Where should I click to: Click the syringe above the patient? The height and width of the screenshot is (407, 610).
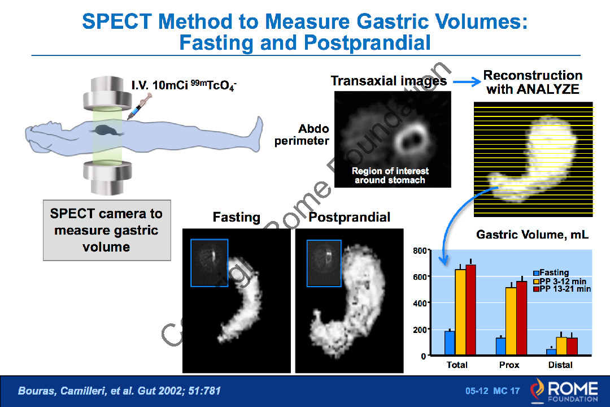(x=139, y=106)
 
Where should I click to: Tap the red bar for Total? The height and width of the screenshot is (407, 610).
(x=470, y=310)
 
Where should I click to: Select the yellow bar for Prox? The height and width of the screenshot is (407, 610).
(x=511, y=321)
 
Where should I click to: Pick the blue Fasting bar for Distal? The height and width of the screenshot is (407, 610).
(x=551, y=352)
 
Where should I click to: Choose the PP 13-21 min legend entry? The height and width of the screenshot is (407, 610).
(x=562, y=289)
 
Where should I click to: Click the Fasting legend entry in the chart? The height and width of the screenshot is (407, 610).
(x=551, y=272)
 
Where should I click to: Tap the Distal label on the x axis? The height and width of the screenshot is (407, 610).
(x=560, y=365)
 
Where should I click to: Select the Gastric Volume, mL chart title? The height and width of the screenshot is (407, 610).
(x=532, y=235)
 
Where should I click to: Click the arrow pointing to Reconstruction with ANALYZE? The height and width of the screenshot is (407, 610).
(x=467, y=82)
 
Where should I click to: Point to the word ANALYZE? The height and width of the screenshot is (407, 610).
(x=548, y=89)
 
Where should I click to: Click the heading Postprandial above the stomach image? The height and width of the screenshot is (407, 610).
(x=350, y=217)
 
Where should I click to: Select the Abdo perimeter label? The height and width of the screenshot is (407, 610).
(x=302, y=135)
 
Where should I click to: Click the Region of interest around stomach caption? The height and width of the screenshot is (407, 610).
(x=390, y=176)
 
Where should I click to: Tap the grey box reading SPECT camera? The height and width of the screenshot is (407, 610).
(x=107, y=230)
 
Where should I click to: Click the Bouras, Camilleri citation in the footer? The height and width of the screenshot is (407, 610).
(x=119, y=391)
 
